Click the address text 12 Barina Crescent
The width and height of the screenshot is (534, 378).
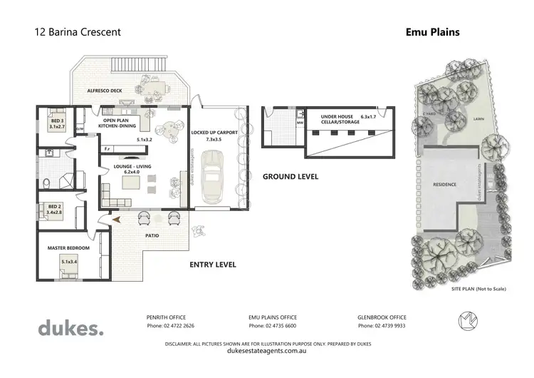click(x=78, y=32)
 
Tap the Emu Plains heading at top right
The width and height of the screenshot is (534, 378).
click(x=432, y=32)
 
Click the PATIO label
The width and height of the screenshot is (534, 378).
click(x=151, y=235)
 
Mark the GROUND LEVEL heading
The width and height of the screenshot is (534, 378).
click(x=290, y=176)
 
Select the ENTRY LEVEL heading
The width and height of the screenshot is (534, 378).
click(x=212, y=265)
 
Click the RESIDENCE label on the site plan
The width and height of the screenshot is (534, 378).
click(x=444, y=185)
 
